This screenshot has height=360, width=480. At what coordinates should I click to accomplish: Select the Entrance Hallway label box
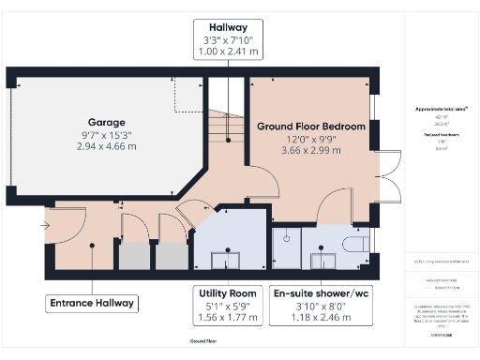pyautogui.click(x=93, y=303)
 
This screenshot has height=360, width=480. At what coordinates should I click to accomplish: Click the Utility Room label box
pyautogui.click(x=224, y=304)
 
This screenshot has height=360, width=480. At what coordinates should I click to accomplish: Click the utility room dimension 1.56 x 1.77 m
pyautogui.click(x=224, y=317)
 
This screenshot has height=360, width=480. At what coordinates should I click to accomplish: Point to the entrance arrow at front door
pyautogui.click(x=46, y=225)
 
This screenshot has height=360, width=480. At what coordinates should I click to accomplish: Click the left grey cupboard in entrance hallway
pyautogui.click(x=132, y=256)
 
